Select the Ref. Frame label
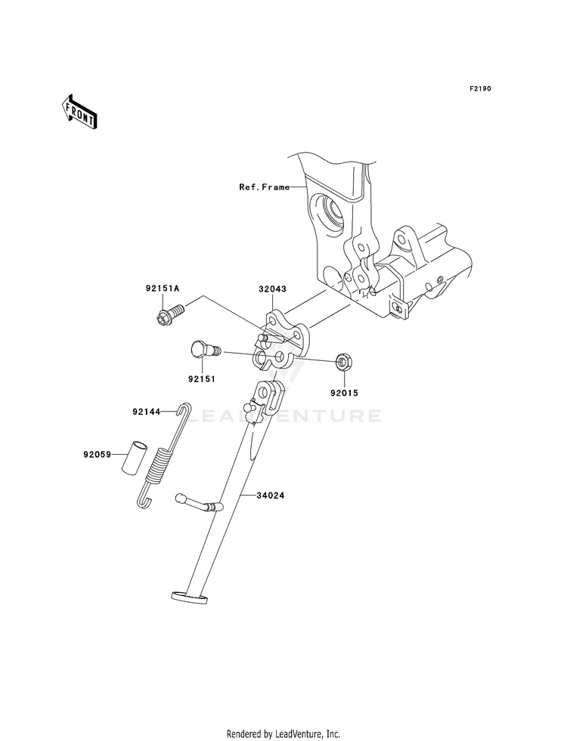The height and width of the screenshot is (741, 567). [x=265, y=187]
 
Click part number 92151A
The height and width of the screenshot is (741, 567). [x=162, y=289]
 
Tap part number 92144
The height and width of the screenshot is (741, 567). [x=147, y=412]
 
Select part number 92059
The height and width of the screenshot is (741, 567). [x=98, y=455]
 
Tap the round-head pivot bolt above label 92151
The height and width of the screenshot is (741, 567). [x=202, y=350]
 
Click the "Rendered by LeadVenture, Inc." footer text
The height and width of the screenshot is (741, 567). [x=283, y=733]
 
